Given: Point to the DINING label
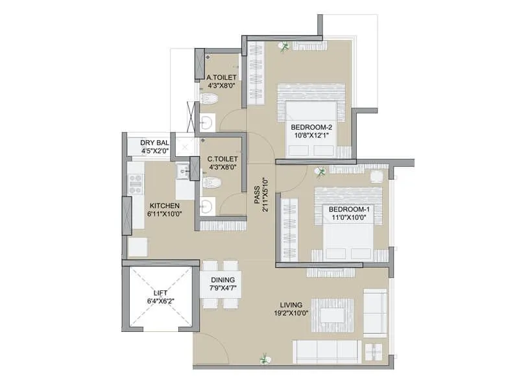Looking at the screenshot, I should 221,280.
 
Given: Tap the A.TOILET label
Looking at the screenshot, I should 221,77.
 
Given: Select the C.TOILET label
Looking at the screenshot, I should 222,158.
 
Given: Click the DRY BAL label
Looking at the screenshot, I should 155,143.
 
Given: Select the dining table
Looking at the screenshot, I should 221,285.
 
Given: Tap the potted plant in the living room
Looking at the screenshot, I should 263,357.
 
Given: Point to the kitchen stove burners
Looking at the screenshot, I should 136,184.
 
